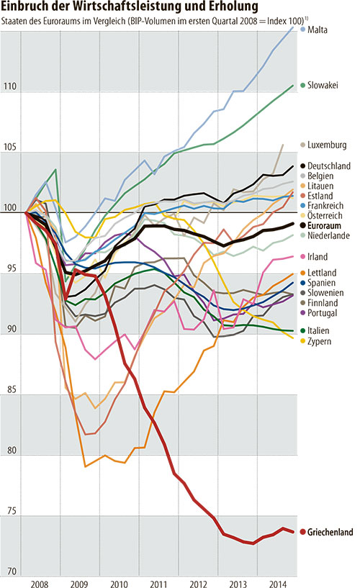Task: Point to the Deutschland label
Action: pyautogui.click(x=329, y=166)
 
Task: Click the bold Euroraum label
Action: pyautogui.click(x=328, y=225)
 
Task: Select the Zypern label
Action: pyautogui.click(x=323, y=340)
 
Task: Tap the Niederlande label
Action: pyautogui.click(x=330, y=235)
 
